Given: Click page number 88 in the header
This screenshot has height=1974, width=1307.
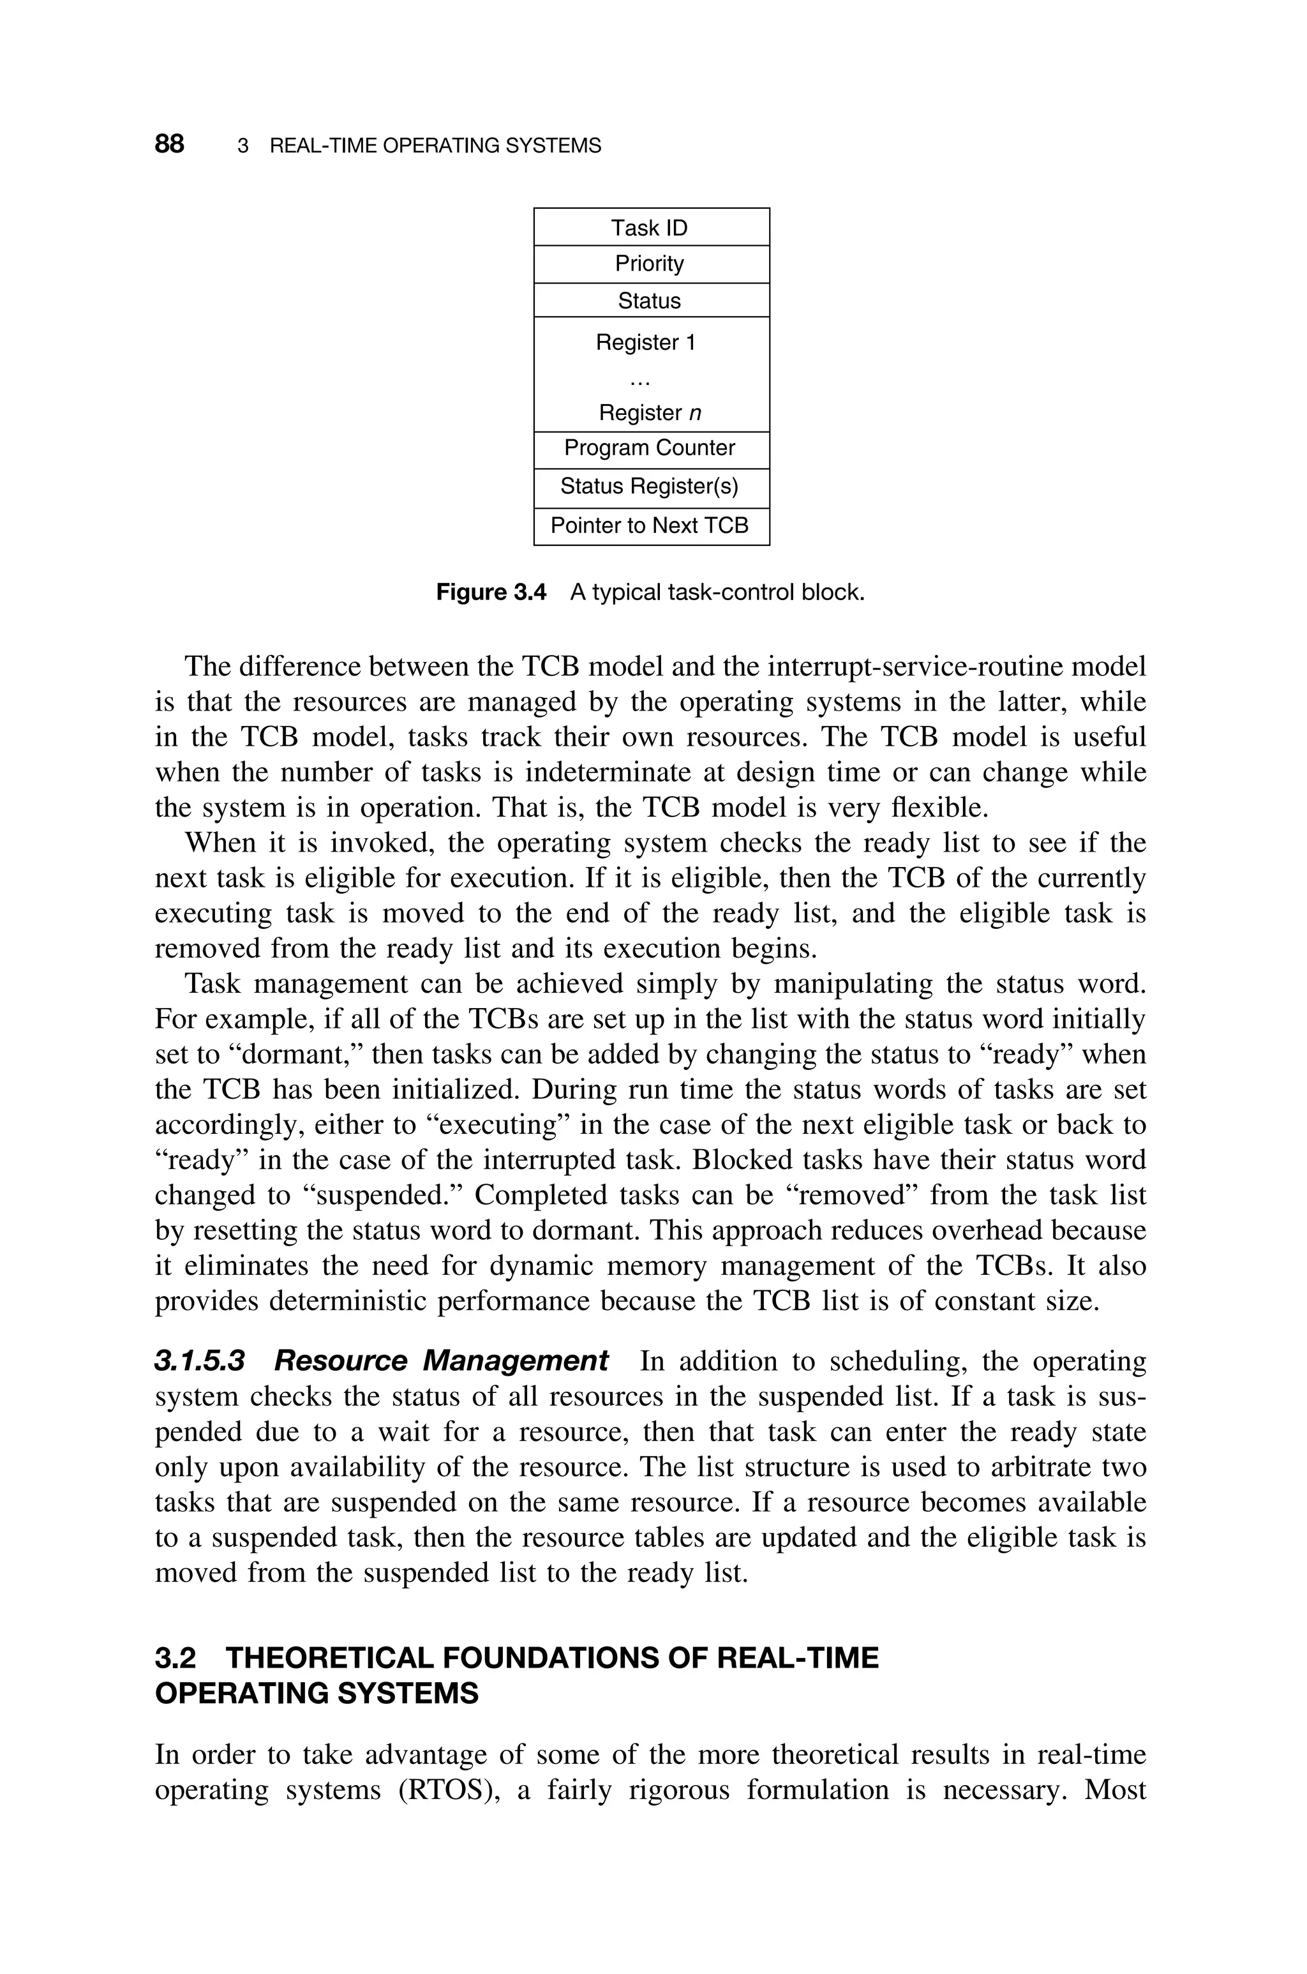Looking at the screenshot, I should (x=169, y=144).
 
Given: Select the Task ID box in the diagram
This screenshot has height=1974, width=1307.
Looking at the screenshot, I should (x=650, y=227).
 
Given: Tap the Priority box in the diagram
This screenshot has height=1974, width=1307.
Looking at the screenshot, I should (x=650, y=264).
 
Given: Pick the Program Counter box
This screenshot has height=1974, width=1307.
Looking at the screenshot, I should (x=650, y=448).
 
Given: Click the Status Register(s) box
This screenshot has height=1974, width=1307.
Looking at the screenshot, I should (x=650, y=487).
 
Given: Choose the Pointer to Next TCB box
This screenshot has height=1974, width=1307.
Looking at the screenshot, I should (x=650, y=526).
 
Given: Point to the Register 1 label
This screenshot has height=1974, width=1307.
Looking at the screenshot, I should (x=646, y=343).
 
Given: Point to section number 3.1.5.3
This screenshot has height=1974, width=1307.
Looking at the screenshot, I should (x=200, y=1361).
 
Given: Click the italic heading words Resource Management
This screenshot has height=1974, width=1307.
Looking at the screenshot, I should (x=441, y=1361).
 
